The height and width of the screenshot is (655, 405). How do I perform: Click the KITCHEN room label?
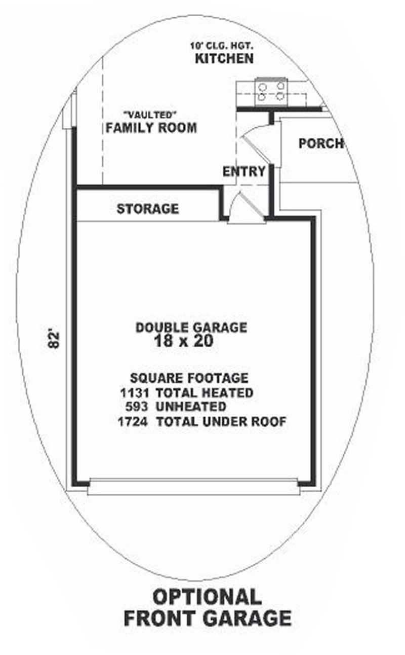pyautogui.click(x=224, y=59)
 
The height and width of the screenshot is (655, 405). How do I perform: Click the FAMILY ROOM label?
pyautogui.click(x=151, y=128)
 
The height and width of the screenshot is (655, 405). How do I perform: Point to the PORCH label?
pyautogui.click(x=320, y=143)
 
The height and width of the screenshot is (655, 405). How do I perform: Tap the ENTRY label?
pyautogui.click(x=244, y=172)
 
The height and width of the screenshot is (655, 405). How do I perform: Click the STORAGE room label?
pyautogui.click(x=147, y=209)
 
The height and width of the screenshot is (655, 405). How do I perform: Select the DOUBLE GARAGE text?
pyautogui.click(x=191, y=327)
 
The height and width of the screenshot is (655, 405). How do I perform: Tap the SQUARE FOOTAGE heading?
pyautogui.click(x=189, y=378)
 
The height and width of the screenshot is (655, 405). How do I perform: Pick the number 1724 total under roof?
pyautogui.click(x=133, y=421)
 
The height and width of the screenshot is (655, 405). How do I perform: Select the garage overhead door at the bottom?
pyautogui.click(x=193, y=488)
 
